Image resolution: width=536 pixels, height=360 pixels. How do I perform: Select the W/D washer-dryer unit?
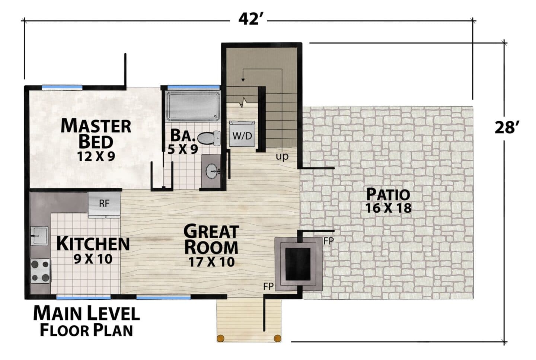[x=242, y=134]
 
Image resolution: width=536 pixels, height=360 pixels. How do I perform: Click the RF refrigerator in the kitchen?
[x=104, y=204]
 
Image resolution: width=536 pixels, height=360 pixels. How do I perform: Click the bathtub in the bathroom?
[x=193, y=106]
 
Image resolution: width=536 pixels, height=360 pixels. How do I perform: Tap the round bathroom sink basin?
[x=212, y=171]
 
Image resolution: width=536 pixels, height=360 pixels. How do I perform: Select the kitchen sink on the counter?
[x=39, y=236]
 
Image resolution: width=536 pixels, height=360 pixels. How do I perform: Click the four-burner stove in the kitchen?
[x=41, y=271]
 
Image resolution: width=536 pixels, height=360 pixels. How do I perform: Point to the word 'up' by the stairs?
[x=282, y=157]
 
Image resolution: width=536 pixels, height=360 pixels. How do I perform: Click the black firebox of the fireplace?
[x=298, y=264]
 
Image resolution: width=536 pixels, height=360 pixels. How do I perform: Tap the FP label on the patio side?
[x=328, y=241]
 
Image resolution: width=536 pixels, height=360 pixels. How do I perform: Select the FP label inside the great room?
[x=268, y=287]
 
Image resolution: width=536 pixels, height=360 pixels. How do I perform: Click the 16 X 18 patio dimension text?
[x=388, y=208]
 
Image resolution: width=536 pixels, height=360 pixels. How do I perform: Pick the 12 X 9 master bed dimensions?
[x=96, y=156]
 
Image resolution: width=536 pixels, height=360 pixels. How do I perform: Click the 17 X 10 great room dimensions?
[x=211, y=262]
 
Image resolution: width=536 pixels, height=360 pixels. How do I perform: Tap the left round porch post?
[x=221, y=338]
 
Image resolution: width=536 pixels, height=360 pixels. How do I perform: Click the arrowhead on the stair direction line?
[x=243, y=79]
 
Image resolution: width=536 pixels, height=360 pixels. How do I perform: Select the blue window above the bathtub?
[x=193, y=87]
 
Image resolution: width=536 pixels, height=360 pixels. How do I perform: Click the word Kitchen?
[x=93, y=244]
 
